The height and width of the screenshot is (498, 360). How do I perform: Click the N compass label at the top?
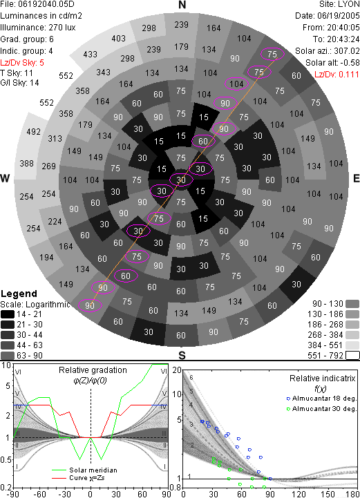coord(182,5)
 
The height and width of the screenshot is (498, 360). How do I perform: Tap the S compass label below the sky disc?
coord(182,355)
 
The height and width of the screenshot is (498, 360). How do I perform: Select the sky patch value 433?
coord(91,55)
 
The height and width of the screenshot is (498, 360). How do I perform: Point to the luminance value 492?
coord(34,131)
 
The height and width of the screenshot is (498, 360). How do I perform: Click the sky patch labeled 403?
coord(119,39)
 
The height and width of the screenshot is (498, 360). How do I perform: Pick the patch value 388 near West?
coord(26,164)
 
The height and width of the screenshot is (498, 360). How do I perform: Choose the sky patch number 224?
coord(55,221)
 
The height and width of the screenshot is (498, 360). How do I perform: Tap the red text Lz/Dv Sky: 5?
coord(22,63)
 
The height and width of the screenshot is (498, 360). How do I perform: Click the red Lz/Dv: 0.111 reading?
coord(337,75)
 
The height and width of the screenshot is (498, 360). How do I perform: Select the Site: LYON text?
coord(339,4)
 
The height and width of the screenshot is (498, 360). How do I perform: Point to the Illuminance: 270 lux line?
coord(38,28)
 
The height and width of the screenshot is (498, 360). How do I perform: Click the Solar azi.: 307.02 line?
coord(328,51)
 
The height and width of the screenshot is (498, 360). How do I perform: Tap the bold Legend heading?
coord(19,294)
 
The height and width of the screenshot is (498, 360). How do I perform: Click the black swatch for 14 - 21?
coord(8,314)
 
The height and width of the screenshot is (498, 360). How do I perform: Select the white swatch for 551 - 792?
coord(352,356)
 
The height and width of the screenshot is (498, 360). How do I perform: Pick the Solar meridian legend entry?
coord(84,470)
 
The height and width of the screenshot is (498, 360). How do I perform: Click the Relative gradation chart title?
coord(93,370)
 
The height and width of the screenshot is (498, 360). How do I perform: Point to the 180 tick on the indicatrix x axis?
coord(352,494)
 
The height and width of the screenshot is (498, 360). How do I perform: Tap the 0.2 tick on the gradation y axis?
coord(6,487)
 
